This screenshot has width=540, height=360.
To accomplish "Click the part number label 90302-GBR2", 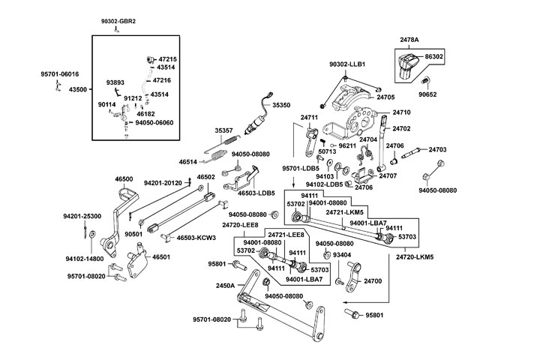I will pos(118,22).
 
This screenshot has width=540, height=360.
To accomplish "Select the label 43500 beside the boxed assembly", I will pos(77,90).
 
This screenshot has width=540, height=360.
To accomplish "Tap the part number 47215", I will pos(167,58).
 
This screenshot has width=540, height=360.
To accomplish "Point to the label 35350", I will pos(281,106).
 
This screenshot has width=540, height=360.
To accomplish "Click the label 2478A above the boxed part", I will pos(409,38).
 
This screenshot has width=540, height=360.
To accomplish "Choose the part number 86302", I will pos(434,56).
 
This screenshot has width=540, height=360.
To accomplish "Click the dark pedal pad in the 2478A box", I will pos(408,64).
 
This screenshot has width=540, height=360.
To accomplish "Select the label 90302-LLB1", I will pos(347,65).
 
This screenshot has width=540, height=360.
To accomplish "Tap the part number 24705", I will pos(385,97).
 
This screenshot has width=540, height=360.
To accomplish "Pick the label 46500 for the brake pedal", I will pos(124,179).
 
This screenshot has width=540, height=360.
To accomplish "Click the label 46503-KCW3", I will pos(196,238).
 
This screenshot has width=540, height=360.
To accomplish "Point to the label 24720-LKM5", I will pos(415,256).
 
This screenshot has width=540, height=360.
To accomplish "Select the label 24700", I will pos(373,280).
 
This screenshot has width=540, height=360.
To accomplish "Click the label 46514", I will pos(188,161).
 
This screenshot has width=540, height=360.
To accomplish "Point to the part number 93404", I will pos(342,255).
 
